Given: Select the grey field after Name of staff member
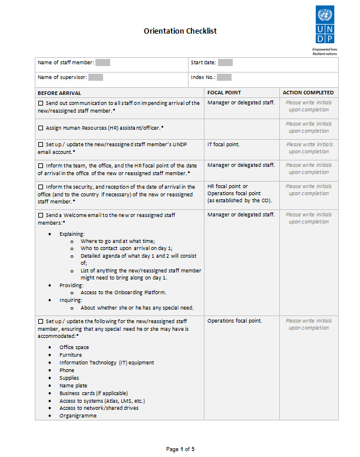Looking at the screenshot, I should coord(103,63).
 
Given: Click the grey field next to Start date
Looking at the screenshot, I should coord(225,63).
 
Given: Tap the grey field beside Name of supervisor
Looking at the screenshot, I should coord(96,77).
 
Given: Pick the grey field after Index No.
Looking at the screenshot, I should coord(224,77).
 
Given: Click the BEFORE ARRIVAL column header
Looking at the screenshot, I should coord(60,93).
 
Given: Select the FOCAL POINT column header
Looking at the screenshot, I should coord(224,93).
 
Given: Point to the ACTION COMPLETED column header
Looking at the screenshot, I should coord(308,93).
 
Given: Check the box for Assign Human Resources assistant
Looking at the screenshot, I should coord(41,127).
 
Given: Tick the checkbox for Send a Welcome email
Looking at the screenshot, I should coord(41,215).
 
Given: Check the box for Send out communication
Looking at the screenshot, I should coord(41,103).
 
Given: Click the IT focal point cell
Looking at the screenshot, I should coord(223,144).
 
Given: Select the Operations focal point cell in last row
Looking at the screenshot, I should coord(235,321).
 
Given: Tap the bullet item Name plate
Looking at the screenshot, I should coord(74,386).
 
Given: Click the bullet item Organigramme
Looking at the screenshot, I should coord(78,416).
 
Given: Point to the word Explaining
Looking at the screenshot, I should coord(72,234).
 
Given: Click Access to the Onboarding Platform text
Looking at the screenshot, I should coord(124,292).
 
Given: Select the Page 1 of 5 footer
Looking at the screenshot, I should coord(180,449).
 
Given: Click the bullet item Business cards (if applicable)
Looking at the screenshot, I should coord(93,393).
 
